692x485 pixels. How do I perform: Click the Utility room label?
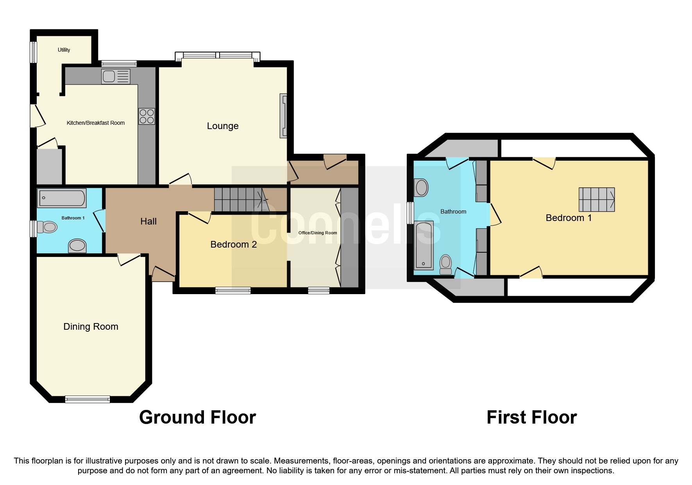pos(64,50)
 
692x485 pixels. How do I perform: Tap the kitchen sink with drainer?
pos(116,76)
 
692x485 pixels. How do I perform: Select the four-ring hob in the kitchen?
pos(147,116)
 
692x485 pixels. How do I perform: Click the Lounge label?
pos(222,126)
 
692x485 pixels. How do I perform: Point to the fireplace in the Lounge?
pos(283,116)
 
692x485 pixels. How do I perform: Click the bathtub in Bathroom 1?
pos(62,198)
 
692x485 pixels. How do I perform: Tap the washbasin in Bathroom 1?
pos(77,246)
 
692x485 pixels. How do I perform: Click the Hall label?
pos(148,221)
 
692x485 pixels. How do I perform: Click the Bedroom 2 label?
pos(233,244)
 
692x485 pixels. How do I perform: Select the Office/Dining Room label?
pos(317,233)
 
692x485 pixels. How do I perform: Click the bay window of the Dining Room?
pos(87,399)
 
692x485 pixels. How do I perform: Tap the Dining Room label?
pos(91,327)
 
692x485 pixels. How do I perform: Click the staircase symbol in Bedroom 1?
pos(597,199)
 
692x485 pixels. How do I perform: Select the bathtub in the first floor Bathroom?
pos(424,246)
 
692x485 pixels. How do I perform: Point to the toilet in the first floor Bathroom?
pos(445,264)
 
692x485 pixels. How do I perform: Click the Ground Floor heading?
pos(197,417)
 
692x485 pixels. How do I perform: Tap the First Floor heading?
pos(531,417)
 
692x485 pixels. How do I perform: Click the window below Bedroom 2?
pos(233,290)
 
